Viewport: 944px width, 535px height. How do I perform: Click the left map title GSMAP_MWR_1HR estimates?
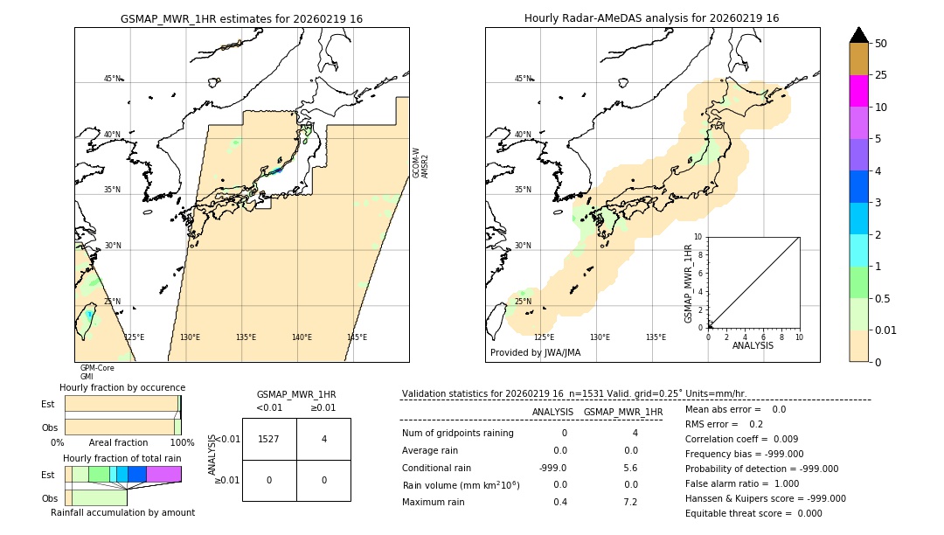pyautogui.click(x=241, y=18)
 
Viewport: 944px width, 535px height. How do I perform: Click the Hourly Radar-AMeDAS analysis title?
pyautogui.click(x=651, y=18)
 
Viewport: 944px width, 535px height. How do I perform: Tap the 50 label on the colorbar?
pyautogui.click(x=881, y=44)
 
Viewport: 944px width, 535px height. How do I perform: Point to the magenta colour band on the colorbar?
pyautogui.click(x=858, y=91)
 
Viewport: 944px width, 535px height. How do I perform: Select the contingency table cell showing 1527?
pyautogui.click(x=269, y=439)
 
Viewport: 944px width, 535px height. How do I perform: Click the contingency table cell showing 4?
pyautogui.click(x=323, y=439)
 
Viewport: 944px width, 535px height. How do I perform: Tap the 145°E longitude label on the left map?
pyautogui.click(x=357, y=337)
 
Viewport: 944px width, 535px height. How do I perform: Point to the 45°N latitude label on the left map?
pyautogui.click(x=113, y=79)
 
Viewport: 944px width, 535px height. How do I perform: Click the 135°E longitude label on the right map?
pyautogui.click(x=656, y=337)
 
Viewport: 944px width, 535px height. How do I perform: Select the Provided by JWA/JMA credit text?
pyautogui.click(x=535, y=353)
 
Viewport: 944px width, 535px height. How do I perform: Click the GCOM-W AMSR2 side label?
pyautogui.click(x=420, y=163)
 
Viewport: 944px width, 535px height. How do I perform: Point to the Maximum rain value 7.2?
pyautogui.click(x=630, y=502)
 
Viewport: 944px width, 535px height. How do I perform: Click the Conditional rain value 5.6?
pyautogui.click(x=630, y=468)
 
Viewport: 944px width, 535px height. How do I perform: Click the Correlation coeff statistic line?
pyautogui.click(x=741, y=439)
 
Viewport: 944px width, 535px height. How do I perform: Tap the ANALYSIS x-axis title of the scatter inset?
pyautogui.click(x=753, y=345)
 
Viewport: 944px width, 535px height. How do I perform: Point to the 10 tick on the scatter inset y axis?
pyautogui.click(x=698, y=237)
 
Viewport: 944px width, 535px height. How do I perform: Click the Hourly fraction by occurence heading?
pyautogui.click(x=122, y=387)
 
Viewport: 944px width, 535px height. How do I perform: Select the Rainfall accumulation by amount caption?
pyautogui.click(x=122, y=512)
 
